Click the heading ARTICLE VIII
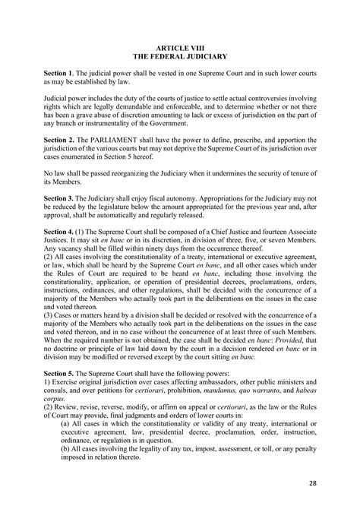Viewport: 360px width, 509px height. pyautogui.click(x=180, y=47)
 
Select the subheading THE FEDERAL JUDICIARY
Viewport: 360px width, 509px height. pyautogui.click(x=180, y=56)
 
